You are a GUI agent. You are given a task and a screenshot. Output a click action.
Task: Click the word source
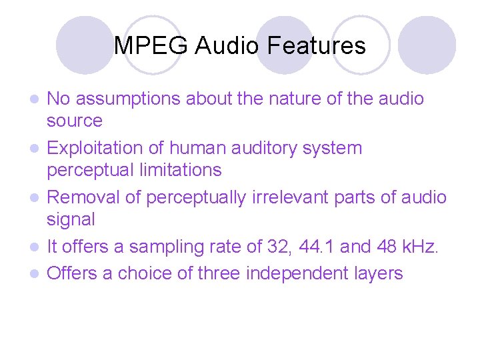point(74,121)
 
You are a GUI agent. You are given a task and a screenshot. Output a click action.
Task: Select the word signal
point(71,219)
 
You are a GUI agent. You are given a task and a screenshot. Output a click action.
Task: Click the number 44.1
point(315,247)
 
